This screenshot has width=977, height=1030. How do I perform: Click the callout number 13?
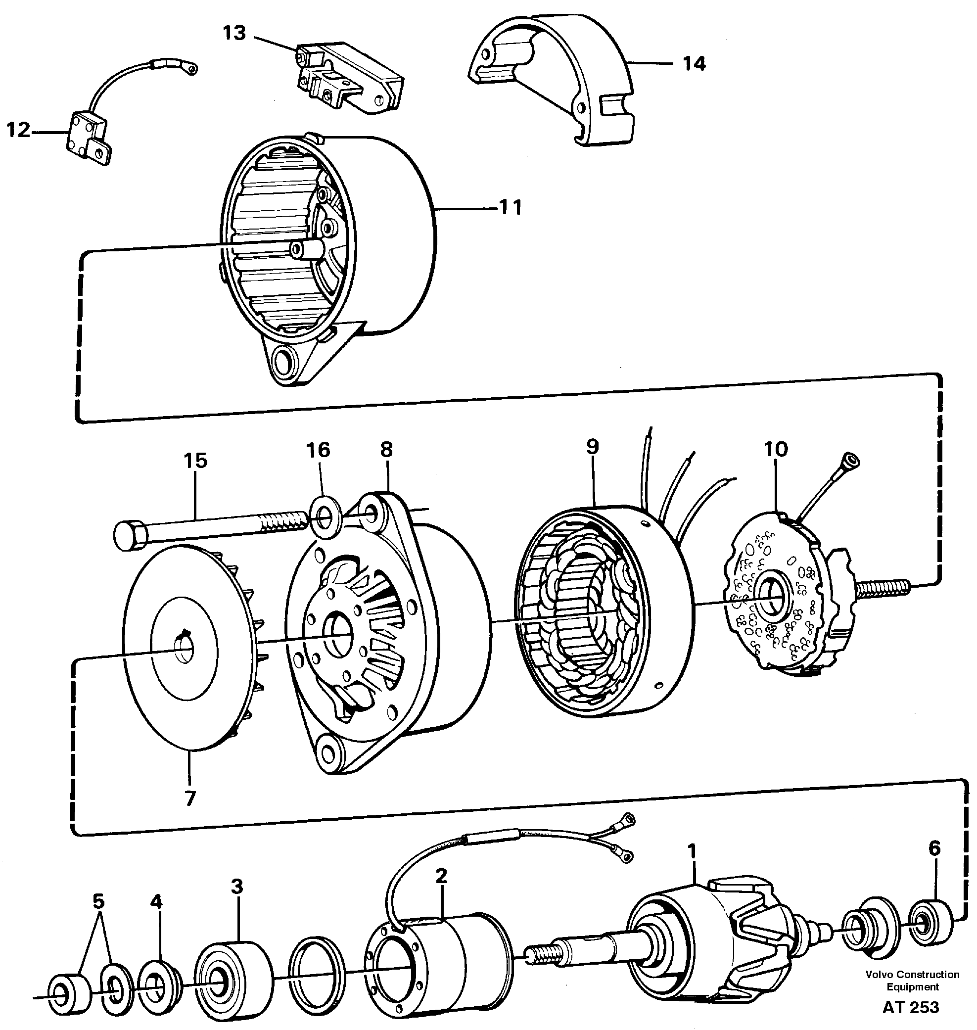234,33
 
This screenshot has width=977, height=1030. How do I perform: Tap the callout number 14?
694,63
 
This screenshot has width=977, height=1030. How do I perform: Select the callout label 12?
18,130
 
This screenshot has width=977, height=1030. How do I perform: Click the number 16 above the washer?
318,450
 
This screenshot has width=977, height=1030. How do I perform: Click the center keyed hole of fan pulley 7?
184,652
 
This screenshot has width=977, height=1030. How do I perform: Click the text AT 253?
910,1007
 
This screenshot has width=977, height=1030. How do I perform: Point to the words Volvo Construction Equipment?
912,980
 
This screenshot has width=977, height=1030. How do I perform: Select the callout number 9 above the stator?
592,447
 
